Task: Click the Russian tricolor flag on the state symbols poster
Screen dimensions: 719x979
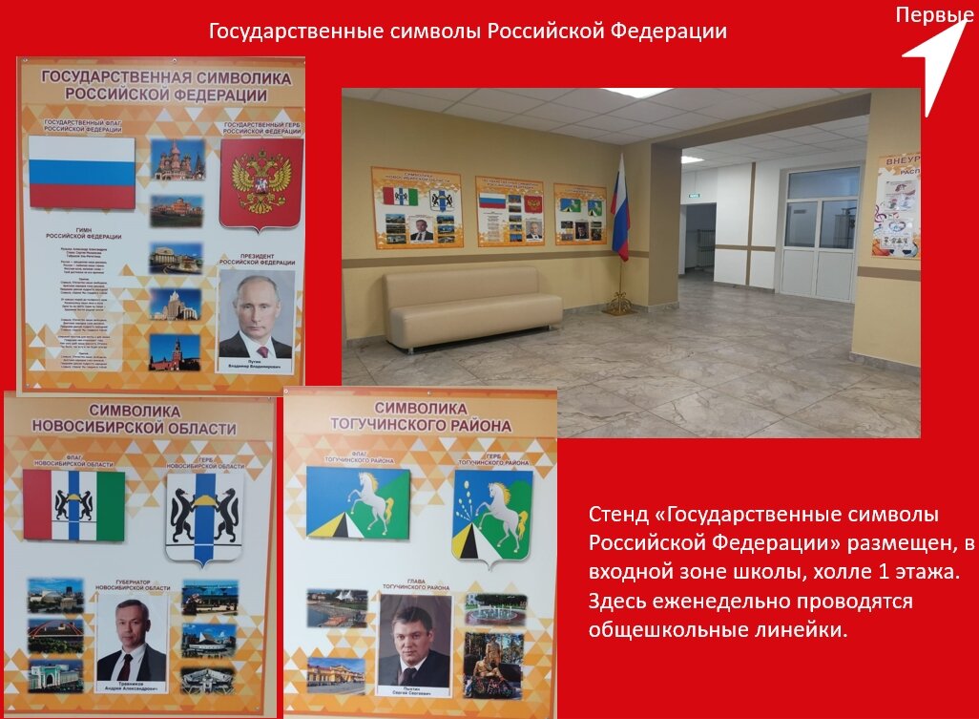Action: pos(81,173)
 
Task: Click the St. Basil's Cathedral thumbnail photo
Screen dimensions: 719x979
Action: pos(177,160)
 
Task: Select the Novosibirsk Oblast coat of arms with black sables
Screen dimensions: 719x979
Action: pos(203,516)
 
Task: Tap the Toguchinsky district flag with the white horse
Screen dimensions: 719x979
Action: pos(358,502)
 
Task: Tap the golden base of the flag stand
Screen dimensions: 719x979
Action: pos(619,303)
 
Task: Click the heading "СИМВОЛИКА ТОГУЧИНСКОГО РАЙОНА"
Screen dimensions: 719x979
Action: pos(420,416)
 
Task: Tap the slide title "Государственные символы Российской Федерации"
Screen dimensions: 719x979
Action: pos(468,32)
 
